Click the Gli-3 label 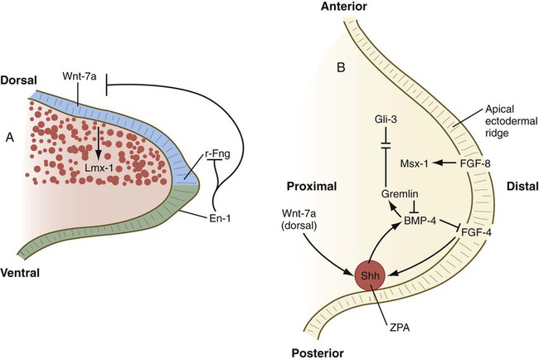pos(384,121)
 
